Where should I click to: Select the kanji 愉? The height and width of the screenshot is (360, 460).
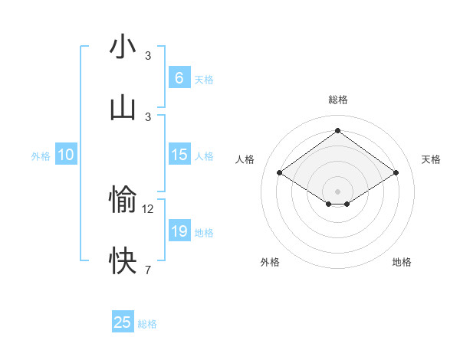point(123,200)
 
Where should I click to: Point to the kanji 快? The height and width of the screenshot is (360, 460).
point(123,261)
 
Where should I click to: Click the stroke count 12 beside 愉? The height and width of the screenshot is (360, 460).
point(148,208)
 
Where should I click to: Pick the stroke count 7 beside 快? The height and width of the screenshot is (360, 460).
point(148,270)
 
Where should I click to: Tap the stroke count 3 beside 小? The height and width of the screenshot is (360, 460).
point(148,55)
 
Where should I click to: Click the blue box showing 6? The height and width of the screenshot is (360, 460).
point(179,78)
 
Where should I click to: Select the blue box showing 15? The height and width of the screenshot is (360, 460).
point(179,155)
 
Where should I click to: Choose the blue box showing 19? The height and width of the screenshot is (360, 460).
point(179,231)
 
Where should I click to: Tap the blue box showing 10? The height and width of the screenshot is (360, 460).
point(65,155)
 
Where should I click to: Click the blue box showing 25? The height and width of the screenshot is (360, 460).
point(123,322)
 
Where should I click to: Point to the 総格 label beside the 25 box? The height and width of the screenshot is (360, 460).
point(148,324)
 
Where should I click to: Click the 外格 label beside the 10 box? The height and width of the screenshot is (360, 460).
point(41,156)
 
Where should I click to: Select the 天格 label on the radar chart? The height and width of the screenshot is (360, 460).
point(431,159)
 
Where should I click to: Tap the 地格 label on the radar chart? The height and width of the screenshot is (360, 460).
point(402,262)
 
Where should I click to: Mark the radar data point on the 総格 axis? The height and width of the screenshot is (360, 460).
point(337,130)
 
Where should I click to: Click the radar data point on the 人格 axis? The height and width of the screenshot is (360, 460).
point(280,173)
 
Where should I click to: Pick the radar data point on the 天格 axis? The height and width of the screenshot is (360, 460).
point(396,173)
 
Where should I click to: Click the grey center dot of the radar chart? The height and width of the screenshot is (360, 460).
point(337,191)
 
